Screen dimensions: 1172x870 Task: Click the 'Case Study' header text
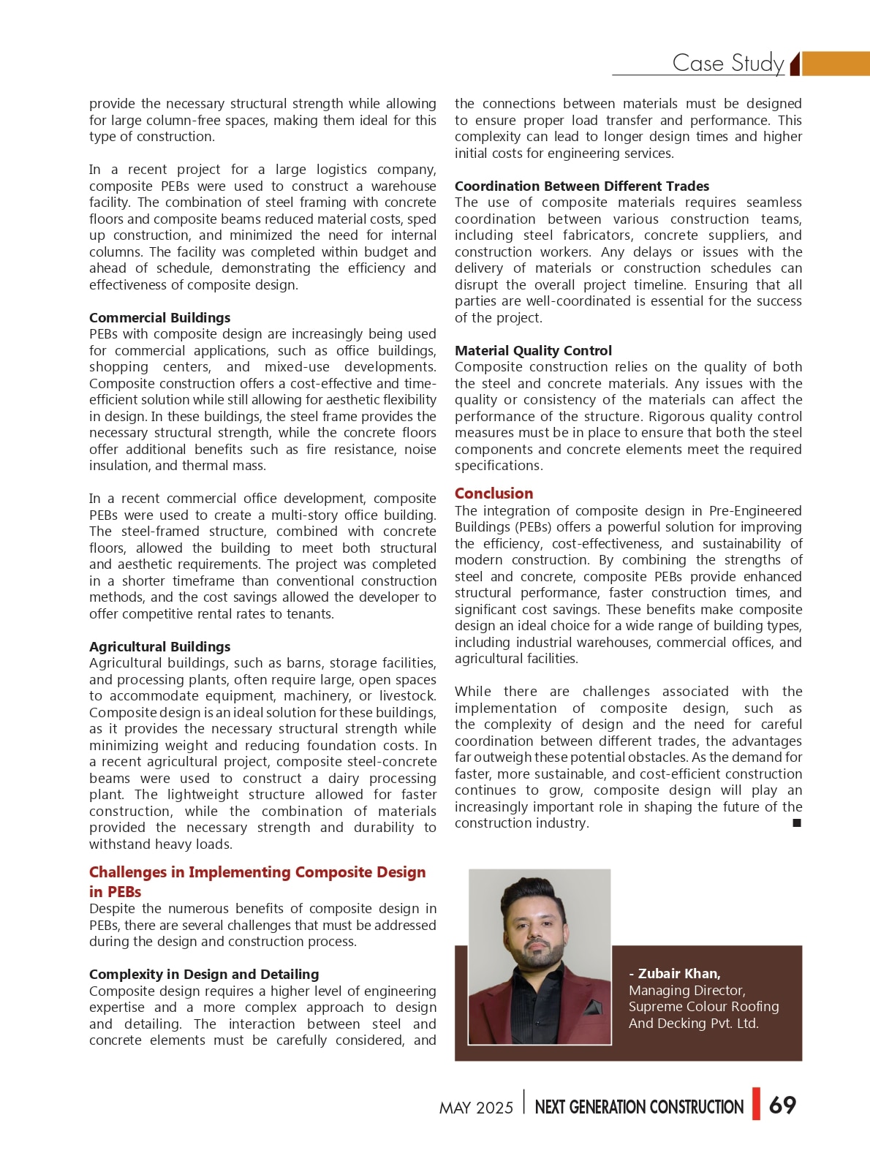(x=727, y=63)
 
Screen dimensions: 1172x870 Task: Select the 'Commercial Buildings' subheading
(x=159, y=317)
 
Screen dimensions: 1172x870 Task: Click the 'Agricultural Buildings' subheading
(x=159, y=646)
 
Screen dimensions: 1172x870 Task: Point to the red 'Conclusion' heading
(x=493, y=494)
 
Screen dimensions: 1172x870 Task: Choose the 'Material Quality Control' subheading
(x=533, y=350)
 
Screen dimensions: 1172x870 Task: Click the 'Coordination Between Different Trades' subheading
(x=581, y=186)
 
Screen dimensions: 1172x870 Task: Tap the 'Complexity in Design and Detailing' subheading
(x=204, y=974)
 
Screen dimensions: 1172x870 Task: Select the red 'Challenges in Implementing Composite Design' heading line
(x=257, y=872)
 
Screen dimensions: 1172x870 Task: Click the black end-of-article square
(x=797, y=823)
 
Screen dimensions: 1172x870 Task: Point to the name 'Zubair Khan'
(x=678, y=973)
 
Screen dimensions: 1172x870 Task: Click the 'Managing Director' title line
(x=686, y=990)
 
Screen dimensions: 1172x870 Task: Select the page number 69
(x=782, y=1105)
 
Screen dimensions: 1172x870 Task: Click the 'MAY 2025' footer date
(x=476, y=1108)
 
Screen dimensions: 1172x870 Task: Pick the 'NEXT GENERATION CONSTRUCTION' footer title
(x=639, y=1107)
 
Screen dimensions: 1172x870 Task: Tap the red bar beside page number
(x=756, y=1104)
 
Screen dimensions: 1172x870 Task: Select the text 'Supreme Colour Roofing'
(x=703, y=1007)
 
